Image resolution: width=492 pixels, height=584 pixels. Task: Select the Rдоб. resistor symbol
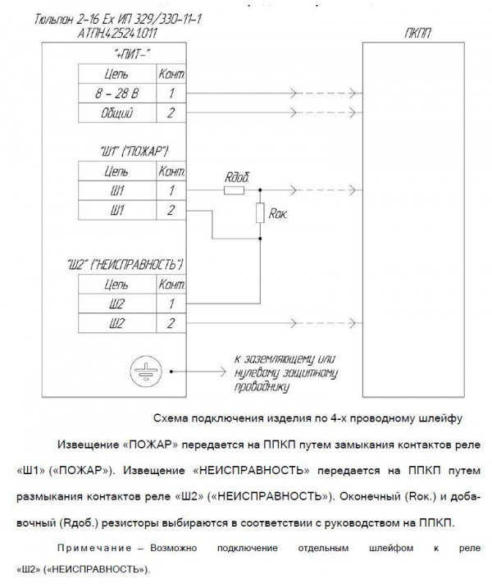pos(234,190)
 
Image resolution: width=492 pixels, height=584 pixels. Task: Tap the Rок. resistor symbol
pos(260,214)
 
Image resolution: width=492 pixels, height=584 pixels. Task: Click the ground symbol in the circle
pos(139,371)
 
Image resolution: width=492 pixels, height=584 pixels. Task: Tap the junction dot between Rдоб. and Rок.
pos(260,190)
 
